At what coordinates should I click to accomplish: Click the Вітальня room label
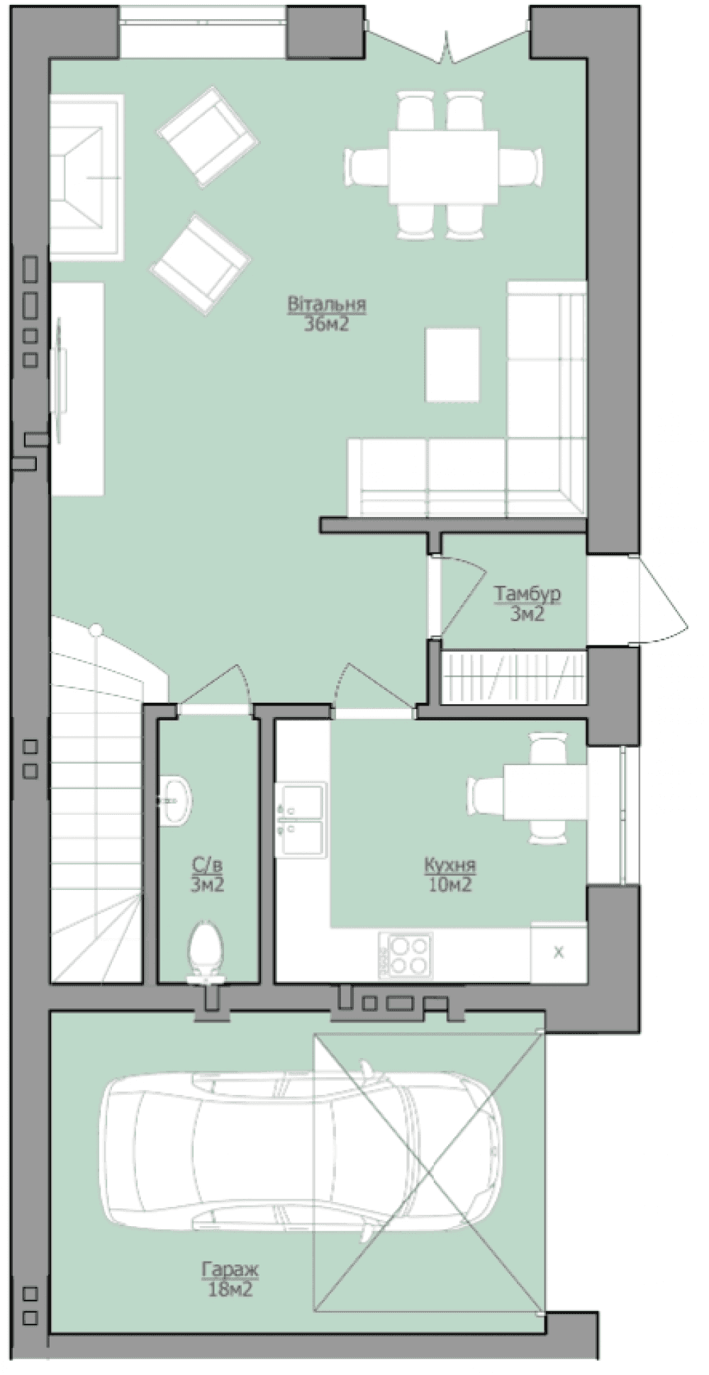325,304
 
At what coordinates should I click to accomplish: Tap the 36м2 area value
325,324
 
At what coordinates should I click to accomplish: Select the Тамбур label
526,593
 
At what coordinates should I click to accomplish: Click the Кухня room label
449,864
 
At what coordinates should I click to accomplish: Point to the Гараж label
230,1269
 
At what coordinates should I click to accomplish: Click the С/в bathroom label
207,864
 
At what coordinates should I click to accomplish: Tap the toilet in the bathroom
206,952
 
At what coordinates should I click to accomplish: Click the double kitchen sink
304,820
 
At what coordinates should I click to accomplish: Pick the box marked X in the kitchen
558,952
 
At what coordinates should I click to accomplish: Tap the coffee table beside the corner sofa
452,364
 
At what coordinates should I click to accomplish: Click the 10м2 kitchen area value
450,884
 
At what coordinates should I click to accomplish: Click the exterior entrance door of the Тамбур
662,600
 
